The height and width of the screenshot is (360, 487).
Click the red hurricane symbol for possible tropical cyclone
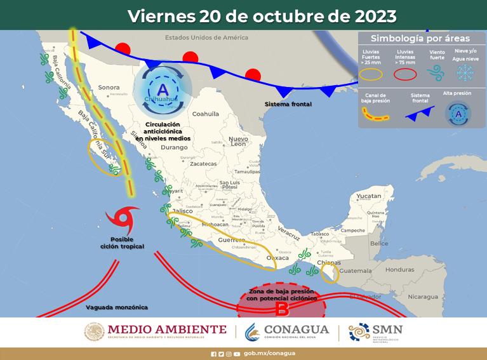click(122, 219)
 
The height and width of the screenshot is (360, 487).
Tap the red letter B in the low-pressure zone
click(282, 310)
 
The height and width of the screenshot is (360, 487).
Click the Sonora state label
click(109, 87)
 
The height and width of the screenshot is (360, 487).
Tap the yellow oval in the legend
click(371, 74)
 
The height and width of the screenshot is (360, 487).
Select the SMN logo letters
click(389, 329)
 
